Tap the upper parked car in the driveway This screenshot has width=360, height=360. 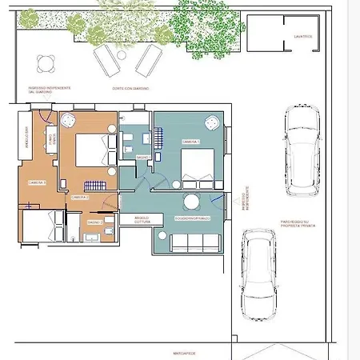click(x=302, y=153)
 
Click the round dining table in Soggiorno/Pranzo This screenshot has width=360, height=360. click(x=193, y=202)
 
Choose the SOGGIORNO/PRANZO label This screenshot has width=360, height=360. click(x=193, y=218)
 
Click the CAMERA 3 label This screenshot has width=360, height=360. click(x=38, y=182)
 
